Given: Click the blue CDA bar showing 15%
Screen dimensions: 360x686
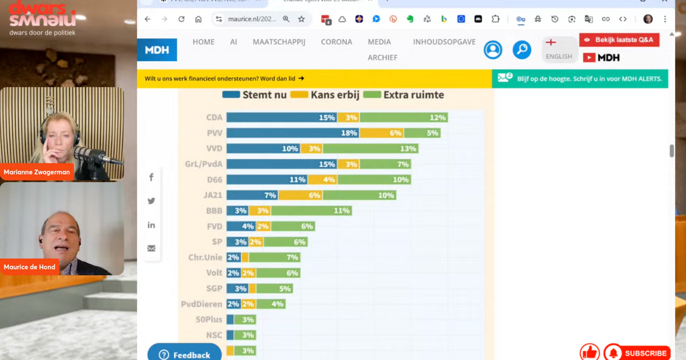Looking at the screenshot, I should [x=281, y=118].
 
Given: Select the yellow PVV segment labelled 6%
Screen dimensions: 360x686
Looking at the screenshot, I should [x=381, y=133].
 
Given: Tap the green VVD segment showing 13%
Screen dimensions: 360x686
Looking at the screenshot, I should [x=370, y=149].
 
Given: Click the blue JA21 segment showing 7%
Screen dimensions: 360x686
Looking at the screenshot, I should [x=252, y=195].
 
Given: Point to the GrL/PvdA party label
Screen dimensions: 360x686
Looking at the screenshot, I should [x=203, y=164].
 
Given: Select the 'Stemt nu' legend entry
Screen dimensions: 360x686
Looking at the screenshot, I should [x=254, y=95].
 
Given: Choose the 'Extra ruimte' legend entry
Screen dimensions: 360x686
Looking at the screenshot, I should [x=404, y=95].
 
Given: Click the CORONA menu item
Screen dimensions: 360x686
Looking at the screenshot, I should [x=337, y=42].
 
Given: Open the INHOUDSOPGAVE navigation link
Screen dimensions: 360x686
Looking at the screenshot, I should [x=444, y=42].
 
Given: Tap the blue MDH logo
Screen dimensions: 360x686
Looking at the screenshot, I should [x=157, y=50].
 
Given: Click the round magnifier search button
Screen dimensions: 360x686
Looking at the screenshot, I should [x=521, y=50].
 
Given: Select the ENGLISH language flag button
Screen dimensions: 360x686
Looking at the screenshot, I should [x=559, y=49].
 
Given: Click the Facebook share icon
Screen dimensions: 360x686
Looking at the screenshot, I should [x=151, y=177].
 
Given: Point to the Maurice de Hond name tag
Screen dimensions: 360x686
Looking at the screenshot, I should [x=29, y=267].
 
